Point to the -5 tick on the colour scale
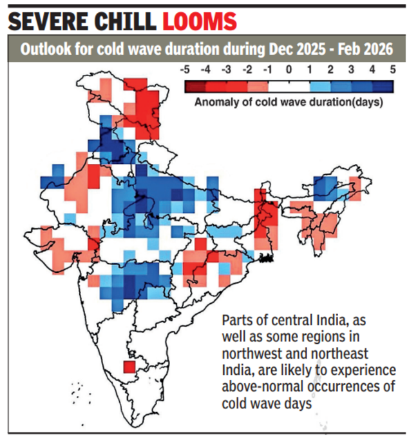(x=185, y=70)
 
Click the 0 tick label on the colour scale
(x=289, y=70)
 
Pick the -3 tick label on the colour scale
(x=227, y=70)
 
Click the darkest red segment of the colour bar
(x=195, y=85)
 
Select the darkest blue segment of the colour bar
(x=383, y=85)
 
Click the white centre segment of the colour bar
(x=289, y=85)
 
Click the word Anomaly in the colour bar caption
(x=215, y=101)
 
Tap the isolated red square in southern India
(x=129, y=367)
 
